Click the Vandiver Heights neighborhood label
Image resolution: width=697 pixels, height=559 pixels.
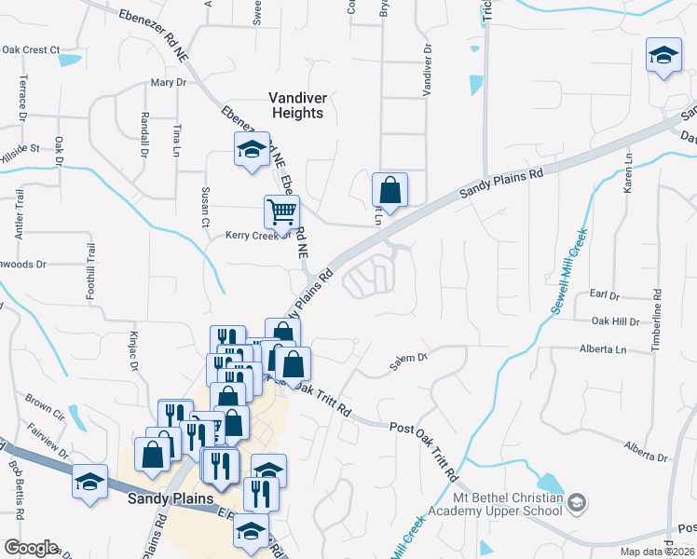(296, 104)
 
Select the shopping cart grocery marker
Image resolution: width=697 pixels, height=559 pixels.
(281, 212)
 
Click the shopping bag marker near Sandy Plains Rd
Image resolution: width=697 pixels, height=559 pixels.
(389, 190)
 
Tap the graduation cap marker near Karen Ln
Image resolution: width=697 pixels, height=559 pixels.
(664, 58)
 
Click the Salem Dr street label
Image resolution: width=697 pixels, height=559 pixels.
(408, 357)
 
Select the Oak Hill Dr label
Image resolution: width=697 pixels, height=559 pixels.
(616, 321)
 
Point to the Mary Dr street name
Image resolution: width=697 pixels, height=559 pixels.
(169, 83)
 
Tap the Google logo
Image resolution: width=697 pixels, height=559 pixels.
(30, 547)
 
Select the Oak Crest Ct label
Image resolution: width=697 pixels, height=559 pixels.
(31, 49)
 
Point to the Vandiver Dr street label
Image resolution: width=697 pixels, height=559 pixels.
(428, 70)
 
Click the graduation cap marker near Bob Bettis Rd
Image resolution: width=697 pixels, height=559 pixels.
(89, 484)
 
